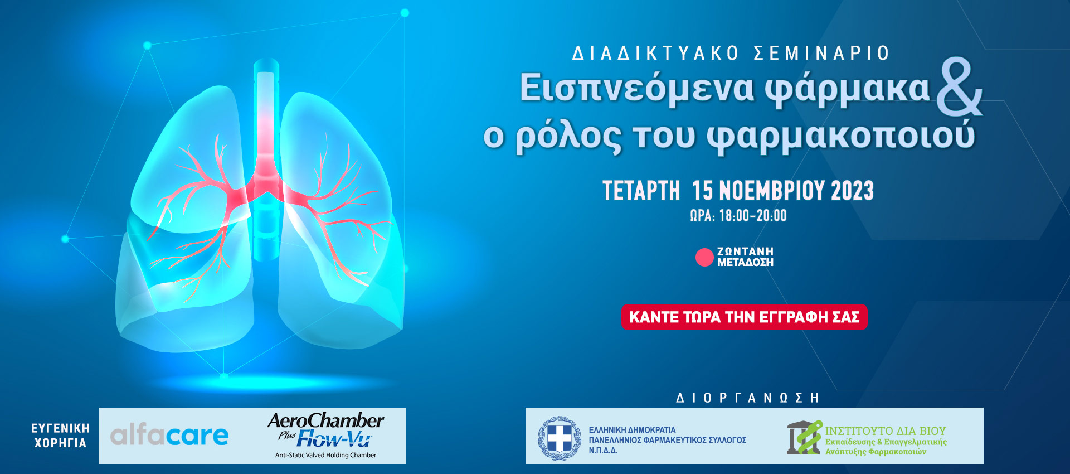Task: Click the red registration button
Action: (x=745, y=317)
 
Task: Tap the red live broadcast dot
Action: (x=704, y=257)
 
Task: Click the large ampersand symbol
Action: (x=960, y=88)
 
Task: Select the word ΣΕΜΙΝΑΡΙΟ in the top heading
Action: (x=821, y=54)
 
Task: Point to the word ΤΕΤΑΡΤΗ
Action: (x=641, y=191)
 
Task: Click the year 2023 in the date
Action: (x=853, y=191)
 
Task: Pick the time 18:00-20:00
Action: (x=753, y=216)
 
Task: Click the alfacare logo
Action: (x=169, y=435)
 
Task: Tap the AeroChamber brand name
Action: (x=326, y=420)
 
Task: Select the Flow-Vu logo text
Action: (x=334, y=438)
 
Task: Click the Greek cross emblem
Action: (x=560, y=438)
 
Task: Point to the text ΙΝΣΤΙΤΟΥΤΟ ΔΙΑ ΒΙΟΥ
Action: (x=886, y=431)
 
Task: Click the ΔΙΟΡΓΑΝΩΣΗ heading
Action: (x=747, y=398)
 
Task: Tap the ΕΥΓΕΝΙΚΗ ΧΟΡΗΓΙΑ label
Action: (x=60, y=436)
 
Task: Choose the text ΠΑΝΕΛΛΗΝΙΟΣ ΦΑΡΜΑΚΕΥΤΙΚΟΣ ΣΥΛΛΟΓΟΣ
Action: (x=668, y=440)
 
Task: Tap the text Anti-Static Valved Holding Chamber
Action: (x=325, y=455)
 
